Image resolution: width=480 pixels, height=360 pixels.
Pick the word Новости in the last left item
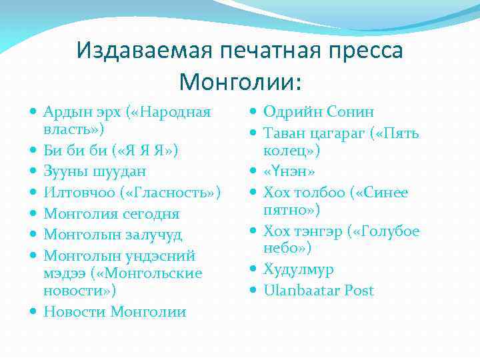tap(74, 311)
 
